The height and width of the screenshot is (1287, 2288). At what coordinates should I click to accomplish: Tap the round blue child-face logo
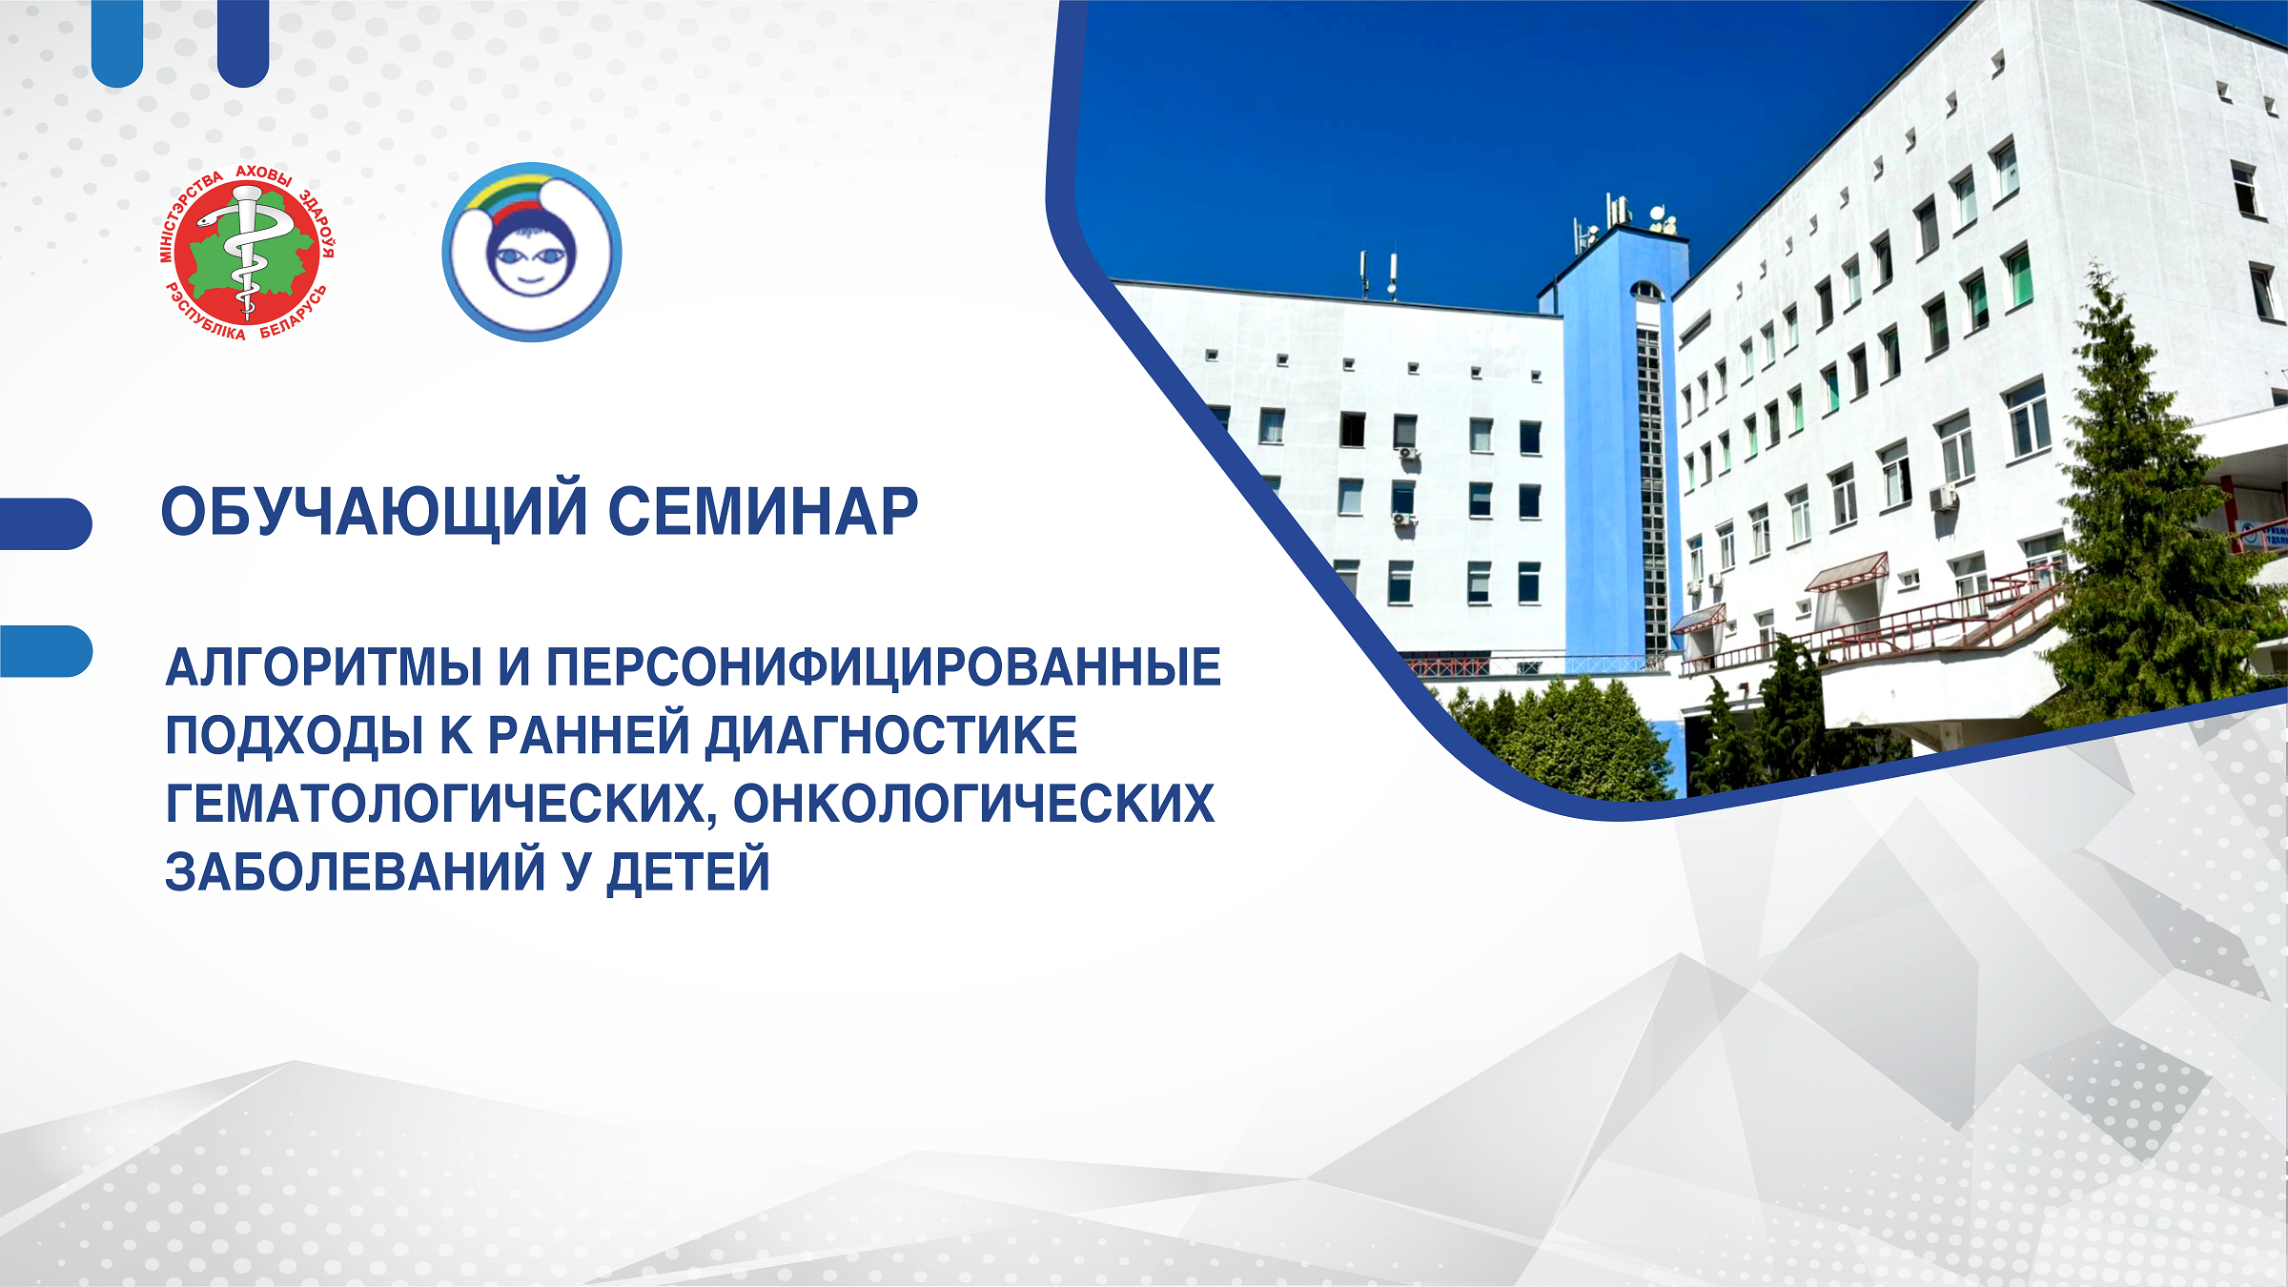(532, 253)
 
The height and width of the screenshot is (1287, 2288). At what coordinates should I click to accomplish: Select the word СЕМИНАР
(763, 512)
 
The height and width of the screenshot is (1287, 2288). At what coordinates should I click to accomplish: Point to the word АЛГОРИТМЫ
(324, 667)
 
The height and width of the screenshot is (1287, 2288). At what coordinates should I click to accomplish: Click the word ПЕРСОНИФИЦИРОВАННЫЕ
(884, 667)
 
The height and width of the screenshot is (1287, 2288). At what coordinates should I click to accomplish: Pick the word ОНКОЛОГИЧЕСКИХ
(973, 804)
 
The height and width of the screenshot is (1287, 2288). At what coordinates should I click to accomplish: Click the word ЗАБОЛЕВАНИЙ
(356, 871)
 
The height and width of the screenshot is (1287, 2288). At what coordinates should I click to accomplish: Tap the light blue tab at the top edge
(117, 43)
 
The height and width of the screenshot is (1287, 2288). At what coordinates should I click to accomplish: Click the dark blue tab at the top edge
(243, 43)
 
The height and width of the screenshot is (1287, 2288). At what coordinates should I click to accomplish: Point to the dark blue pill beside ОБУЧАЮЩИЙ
(46, 523)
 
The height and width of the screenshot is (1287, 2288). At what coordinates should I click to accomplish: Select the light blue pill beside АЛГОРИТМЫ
(46, 651)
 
